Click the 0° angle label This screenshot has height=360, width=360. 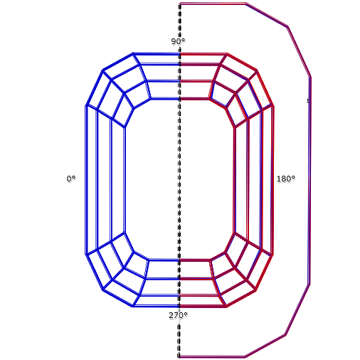tap(71, 179)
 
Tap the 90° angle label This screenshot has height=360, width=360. tap(178, 41)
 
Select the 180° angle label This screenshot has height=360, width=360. tap(286, 179)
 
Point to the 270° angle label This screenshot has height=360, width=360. tap(178, 315)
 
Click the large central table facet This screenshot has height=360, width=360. tap(179, 179)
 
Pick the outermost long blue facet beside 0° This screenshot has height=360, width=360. tap(92, 180)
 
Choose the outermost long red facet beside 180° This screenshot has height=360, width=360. tap(267, 180)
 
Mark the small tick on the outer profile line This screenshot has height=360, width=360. tap(309, 101)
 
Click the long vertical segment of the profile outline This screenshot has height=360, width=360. tap(309, 180)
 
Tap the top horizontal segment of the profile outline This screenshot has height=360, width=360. tap(213, 4)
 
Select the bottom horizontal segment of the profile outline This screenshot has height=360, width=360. tap(212, 356)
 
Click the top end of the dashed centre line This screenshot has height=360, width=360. tap(180, 4)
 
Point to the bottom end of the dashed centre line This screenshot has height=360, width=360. tap(179, 357)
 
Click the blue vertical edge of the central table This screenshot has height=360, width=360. tap(125, 179)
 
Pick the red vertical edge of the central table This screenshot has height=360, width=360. tap(235, 180)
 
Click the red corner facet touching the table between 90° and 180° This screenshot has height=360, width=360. tap(222, 102)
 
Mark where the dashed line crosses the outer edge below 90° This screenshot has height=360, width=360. tap(179, 54)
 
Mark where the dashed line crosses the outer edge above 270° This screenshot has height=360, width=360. tap(179, 306)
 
